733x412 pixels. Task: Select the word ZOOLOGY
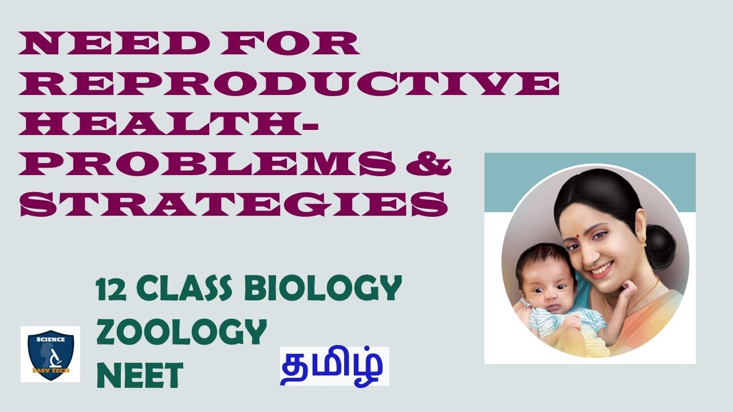tap(182, 332)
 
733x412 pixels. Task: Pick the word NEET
tap(139, 375)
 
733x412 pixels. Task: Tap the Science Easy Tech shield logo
tap(50, 354)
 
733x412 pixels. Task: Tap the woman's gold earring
tap(643, 240)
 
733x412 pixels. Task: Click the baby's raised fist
tap(625, 290)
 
